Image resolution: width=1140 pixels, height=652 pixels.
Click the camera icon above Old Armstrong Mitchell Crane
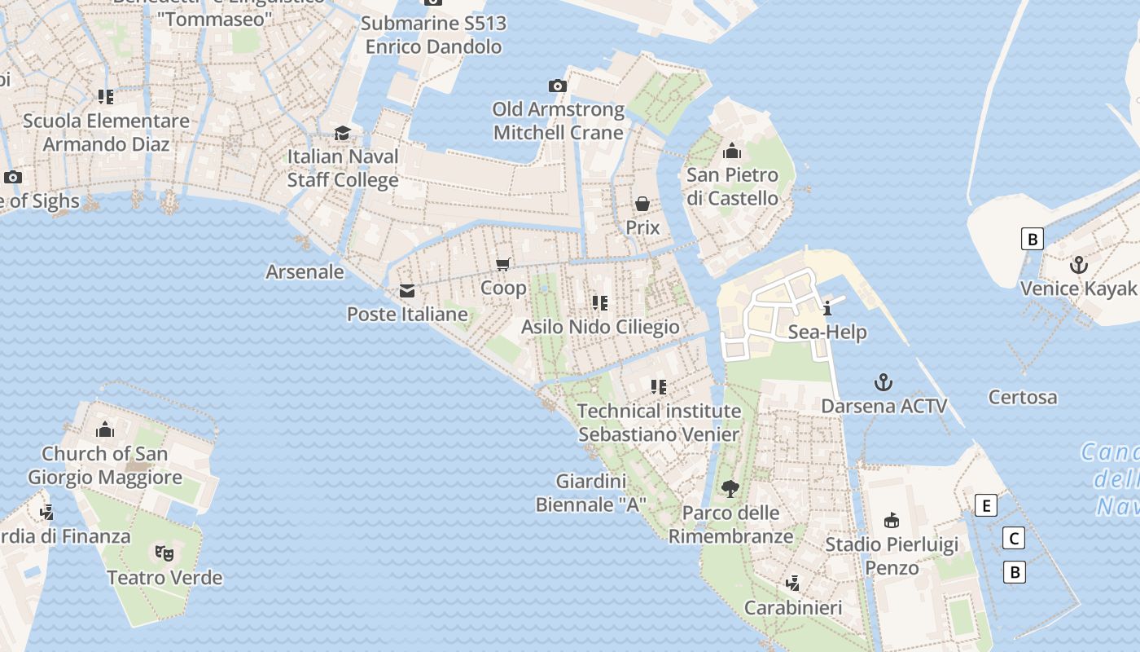557,86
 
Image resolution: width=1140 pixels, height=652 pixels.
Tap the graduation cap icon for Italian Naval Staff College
343,133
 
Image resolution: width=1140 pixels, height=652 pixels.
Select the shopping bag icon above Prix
642,204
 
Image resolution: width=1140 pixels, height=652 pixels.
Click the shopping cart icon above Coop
503,264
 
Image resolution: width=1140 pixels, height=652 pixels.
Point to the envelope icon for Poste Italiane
407,291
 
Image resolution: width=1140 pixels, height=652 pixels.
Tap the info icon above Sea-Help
827,308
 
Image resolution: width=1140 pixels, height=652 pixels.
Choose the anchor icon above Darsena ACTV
883,382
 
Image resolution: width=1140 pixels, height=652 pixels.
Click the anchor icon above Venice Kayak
1078,265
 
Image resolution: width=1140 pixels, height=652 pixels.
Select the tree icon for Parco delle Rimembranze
730,489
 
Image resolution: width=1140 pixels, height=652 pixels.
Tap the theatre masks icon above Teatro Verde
164,553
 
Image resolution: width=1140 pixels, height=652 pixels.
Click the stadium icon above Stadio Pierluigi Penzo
892,521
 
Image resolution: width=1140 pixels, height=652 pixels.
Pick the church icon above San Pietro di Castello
731,151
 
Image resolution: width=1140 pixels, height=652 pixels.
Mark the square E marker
985,505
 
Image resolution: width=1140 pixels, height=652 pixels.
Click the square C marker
1014,539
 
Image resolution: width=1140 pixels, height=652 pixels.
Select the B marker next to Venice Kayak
1033,239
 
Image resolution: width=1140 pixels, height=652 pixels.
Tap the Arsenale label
305,271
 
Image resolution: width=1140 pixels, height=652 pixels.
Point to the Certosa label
1023,398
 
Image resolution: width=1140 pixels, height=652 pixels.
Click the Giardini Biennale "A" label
590,492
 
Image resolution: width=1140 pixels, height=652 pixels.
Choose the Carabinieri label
793,608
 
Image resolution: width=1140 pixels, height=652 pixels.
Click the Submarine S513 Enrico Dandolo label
433,35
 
